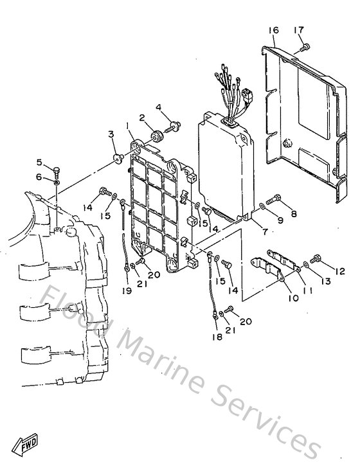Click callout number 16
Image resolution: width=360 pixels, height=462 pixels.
click(273, 31)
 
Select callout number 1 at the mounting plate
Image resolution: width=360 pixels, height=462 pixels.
click(128, 125)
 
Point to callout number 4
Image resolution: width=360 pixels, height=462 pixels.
click(158, 107)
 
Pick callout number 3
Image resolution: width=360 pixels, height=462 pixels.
click(111, 134)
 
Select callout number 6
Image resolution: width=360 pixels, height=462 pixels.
click(39, 177)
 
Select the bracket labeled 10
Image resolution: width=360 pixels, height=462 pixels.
click(269, 265)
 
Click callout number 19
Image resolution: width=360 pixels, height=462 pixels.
click(127, 290)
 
